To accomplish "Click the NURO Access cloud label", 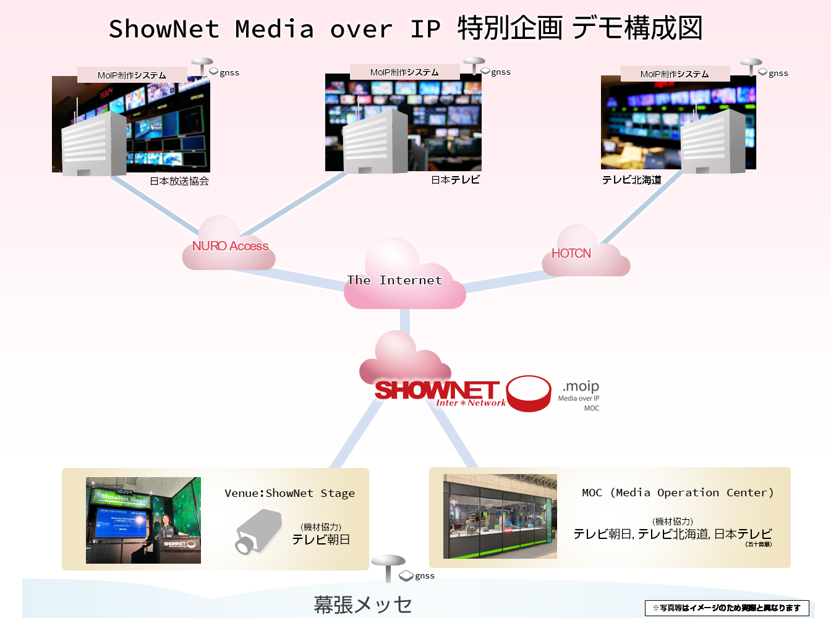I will coord(230,246).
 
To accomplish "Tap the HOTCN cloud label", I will coord(571,253).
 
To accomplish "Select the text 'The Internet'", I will coord(394,280).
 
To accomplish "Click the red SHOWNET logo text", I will coord(437,390).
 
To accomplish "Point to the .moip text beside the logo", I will coord(581,386).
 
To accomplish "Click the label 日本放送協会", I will coord(179,181).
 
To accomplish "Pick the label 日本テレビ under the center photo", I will coord(455,180).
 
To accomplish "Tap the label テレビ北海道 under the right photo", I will coord(631,180).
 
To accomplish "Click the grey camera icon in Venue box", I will coord(258,532).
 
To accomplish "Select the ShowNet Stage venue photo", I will coord(143,520).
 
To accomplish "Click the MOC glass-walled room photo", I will coord(500,516).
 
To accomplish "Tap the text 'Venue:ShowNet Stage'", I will coord(289,493).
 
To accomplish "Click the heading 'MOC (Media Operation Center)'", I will coord(677,493).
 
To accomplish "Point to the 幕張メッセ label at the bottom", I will coord(362,604).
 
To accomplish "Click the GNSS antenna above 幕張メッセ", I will coord(388,566).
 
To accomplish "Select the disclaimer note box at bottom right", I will coord(727,608).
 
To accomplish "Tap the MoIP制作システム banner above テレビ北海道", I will coord(675,74).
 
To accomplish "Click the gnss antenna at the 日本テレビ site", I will coord(474,65).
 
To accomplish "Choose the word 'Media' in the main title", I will coord(274,29).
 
